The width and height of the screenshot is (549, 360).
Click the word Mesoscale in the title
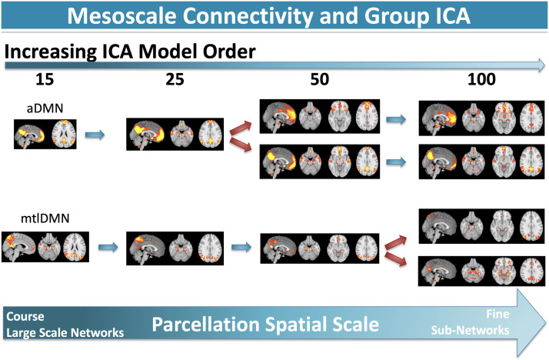pos(121,15)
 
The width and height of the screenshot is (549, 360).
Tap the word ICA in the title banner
pos(450,15)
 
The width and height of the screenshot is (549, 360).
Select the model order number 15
pos(45,79)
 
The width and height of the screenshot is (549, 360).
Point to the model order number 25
pos(175,79)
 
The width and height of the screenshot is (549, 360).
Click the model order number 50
pos(319,79)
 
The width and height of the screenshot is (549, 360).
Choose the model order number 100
pos(481,79)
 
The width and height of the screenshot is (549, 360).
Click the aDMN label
pos(45,108)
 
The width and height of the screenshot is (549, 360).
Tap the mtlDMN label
pos(45,218)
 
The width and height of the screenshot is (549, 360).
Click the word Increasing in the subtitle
pos(51,52)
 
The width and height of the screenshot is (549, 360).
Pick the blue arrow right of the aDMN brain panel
pos(95,135)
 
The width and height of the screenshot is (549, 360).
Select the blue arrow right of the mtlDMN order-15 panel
pos(108,247)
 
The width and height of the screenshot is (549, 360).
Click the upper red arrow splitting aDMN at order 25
pos(241,128)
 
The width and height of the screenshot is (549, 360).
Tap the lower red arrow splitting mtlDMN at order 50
pos(396,259)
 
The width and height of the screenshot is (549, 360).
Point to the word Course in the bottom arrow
pos(25,316)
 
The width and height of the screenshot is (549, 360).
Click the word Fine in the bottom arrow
pos(497,314)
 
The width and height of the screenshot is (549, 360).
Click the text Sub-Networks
pos(470,330)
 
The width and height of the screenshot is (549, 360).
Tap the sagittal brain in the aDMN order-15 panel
pos(30,135)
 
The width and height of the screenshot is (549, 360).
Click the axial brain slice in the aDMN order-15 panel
pos(64,134)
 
